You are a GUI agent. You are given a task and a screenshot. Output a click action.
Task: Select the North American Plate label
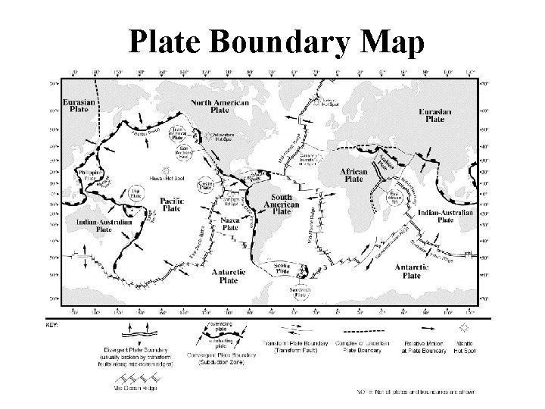[220, 105]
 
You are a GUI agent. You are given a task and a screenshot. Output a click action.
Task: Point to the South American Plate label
[281, 204]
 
